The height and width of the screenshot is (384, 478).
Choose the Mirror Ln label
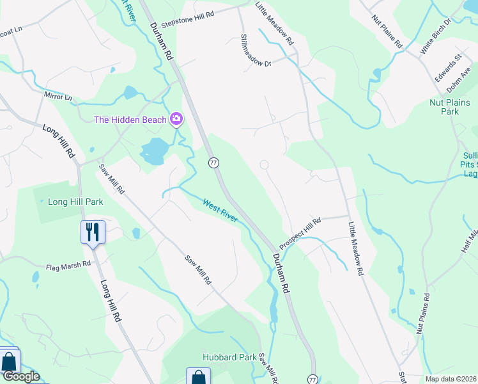58,97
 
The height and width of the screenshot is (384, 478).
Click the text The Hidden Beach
130,120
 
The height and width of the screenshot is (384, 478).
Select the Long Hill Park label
75,202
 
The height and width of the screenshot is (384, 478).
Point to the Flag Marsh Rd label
68,266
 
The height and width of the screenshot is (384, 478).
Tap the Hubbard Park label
220,357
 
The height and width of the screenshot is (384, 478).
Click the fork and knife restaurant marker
93,232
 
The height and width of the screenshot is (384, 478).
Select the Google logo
20,376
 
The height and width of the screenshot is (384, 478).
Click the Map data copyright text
450,379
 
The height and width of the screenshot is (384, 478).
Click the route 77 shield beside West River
214,163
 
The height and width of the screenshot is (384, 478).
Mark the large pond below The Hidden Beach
153,152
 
